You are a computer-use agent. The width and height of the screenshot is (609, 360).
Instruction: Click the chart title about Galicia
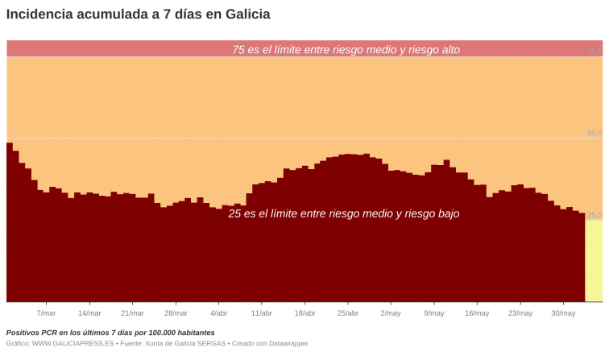click(x=138, y=14)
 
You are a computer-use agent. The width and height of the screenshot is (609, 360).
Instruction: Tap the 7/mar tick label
click(x=47, y=313)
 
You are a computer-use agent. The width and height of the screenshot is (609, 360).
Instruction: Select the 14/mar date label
click(x=89, y=313)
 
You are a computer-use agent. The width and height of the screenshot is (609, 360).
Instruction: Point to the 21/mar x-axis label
click(x=132, y=313)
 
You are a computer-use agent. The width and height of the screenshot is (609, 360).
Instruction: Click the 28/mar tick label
click(x=176, y=313)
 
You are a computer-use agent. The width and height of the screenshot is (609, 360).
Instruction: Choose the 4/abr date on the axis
click(x=218, y=313)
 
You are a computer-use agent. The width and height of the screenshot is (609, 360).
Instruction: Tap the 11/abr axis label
click(x=262, y=313)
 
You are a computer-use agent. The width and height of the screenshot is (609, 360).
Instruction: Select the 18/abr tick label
click(x=304, y=313)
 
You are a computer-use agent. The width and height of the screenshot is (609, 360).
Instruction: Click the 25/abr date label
click(x=348, y=313)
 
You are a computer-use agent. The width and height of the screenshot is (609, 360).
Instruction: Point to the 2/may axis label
click(x=391, y=313)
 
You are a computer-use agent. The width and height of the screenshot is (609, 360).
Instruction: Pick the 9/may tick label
click(x=434, y=313)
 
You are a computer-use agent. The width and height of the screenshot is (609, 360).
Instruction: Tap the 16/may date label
click(x=477, y=313)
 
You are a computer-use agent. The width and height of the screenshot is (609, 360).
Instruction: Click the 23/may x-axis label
click(x=520, y=313)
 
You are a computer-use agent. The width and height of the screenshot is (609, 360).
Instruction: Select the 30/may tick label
click(x=563, y=313)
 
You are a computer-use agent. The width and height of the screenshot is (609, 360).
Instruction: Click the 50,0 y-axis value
click(x=594, y=133)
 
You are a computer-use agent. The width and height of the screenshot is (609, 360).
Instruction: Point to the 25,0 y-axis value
click(x=594, y=215)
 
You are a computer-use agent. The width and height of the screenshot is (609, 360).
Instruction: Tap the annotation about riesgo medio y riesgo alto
click(x=346, y=50)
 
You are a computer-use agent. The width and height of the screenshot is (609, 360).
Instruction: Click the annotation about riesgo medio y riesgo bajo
click(x=344, y=214)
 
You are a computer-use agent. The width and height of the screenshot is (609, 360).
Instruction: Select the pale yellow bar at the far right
click(x=594, y=261)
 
